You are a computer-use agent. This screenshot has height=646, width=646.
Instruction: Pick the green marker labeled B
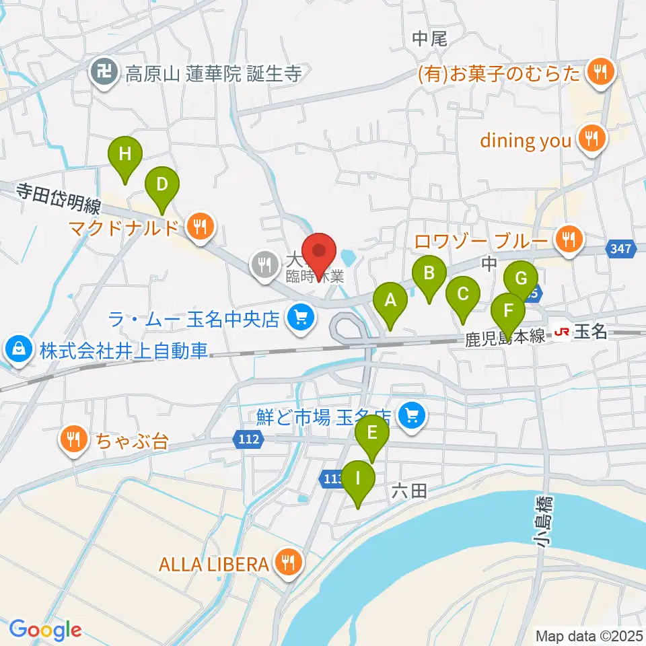click(x=430, y=273)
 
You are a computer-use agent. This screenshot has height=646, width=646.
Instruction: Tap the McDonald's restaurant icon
click(x=200, y=227)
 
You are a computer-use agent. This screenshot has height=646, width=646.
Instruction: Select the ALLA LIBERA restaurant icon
click(x=289, y=563)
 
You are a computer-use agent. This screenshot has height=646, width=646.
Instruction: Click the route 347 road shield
click(x=620, y=250)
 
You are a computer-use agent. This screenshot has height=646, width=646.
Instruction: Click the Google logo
click(x=46, y=630)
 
